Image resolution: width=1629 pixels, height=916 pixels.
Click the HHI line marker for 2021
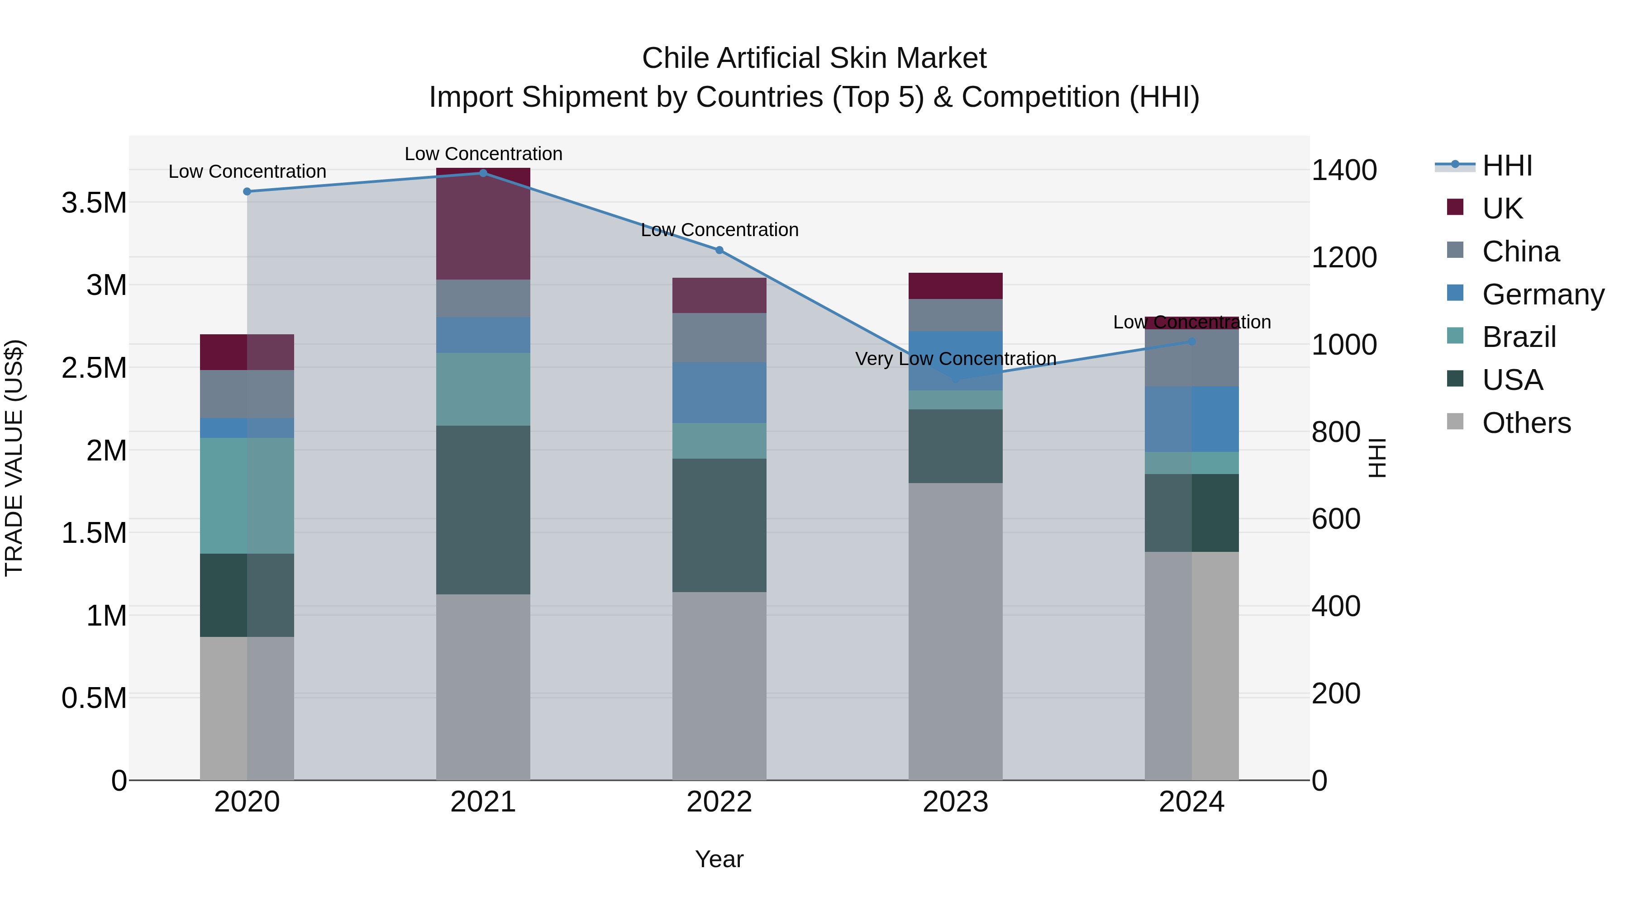point(483,173)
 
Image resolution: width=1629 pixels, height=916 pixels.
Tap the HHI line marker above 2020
point(247,191)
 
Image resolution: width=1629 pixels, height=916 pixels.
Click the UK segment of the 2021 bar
point(483,224)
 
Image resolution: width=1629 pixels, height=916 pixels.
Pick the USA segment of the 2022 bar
point(719,525)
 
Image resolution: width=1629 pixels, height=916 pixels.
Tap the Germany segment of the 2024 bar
point(1191,419)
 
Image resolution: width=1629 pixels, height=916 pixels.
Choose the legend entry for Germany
point(1543,294)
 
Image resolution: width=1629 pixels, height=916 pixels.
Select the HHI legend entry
point(1507,166)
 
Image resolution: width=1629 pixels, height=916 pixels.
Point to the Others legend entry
point(1526,423)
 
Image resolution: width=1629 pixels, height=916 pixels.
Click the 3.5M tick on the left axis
point(94,203)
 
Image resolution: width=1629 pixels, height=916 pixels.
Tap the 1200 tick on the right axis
point(1344,257)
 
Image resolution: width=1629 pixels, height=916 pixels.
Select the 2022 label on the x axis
point(719,802)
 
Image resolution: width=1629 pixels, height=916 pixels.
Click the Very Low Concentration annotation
point(956,358)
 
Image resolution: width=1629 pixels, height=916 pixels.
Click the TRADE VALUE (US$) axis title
point(14,458)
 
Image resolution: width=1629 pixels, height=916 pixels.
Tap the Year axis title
point(719,859)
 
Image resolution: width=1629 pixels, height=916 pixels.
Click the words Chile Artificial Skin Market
point(814,58)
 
